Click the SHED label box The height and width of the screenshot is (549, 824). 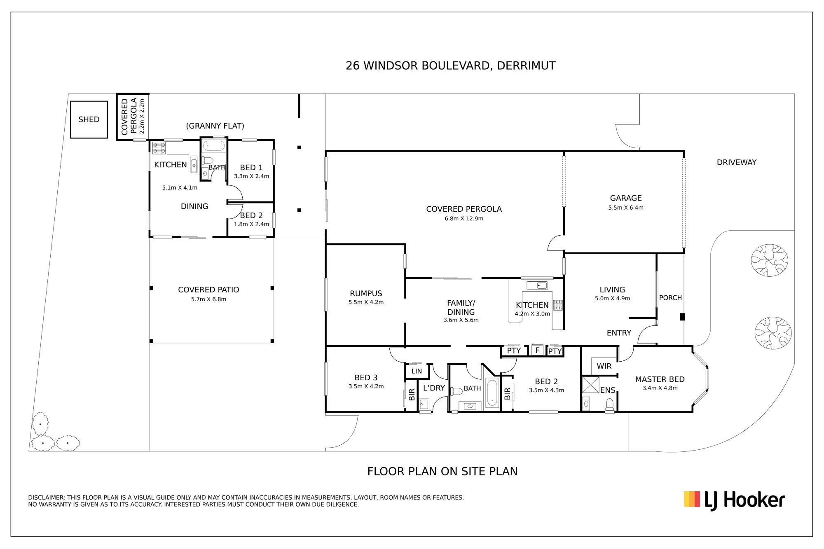[x=89, y=119]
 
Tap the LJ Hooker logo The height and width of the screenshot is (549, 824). [x=734, y=500]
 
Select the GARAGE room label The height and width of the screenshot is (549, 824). [x=626, y=198]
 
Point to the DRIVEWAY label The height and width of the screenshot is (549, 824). [x=737, y=162]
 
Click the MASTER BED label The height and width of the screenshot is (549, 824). [x=660, y=379]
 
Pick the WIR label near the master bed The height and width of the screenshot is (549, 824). [x=604, y=366]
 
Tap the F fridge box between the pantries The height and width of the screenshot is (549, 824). [x=537, y=350]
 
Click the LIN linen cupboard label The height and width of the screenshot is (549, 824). [x=417, y=371]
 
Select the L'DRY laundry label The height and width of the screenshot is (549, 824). [x=434, y=388]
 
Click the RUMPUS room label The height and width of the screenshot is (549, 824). [x=366, y=293]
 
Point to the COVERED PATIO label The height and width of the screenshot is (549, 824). [x=208, y=290]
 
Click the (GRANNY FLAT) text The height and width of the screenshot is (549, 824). [x=215, y=126]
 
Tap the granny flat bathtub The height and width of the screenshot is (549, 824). [x=214, y=146]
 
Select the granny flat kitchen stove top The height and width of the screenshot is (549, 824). [x=159, y=148]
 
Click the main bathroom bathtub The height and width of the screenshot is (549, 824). [x=492, y=392]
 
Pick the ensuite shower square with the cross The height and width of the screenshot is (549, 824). [x=590, y=385]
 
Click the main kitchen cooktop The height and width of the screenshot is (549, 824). [x=558, y=305]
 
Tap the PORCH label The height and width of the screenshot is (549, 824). [x=670, y=298]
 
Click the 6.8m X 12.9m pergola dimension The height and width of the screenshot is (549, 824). [x=464, y=219]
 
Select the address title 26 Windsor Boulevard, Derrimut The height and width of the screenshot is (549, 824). [x=450, y=66]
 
